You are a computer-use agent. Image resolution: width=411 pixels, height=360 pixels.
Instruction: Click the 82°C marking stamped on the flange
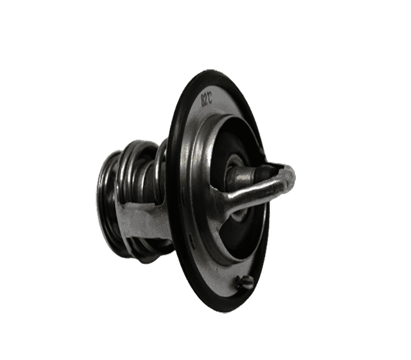pos(207,99)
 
